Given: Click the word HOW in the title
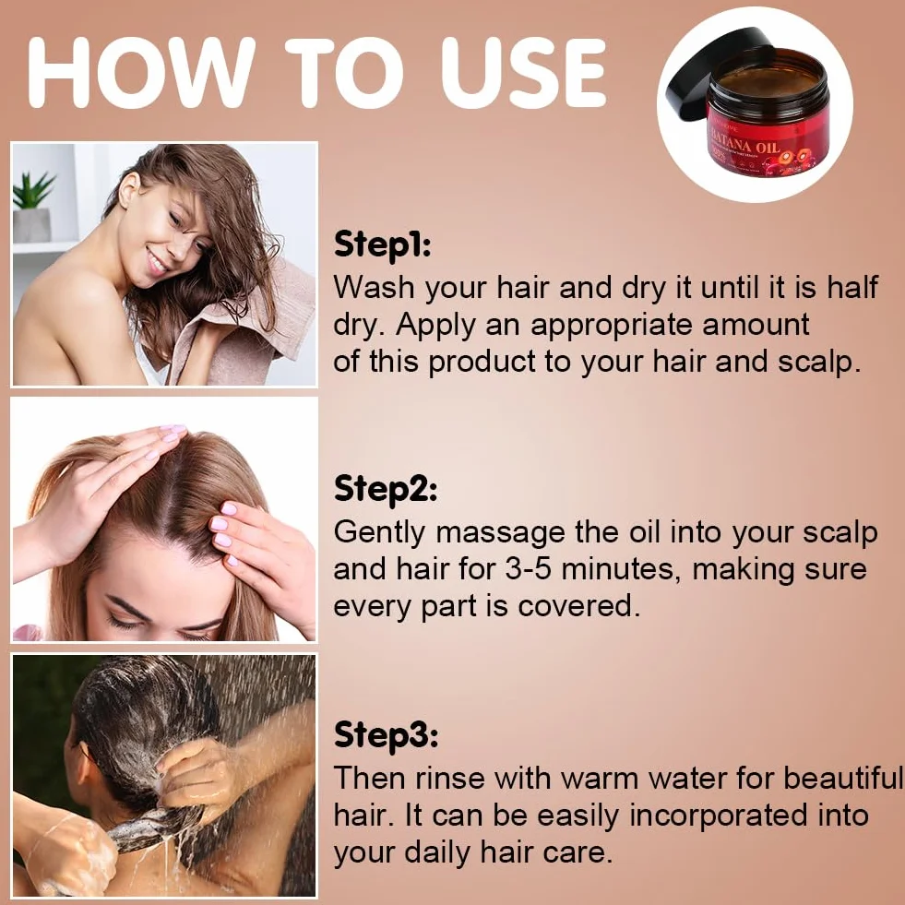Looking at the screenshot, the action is [x=141, y=73].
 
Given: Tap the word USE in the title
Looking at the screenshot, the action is [x=522, y=73].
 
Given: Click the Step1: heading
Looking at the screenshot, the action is [x=382, y=244].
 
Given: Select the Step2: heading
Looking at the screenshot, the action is [x=385, y=490].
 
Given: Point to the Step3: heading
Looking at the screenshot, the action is [x=386, y=734].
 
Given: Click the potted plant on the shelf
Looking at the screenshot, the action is [x=32, y=207].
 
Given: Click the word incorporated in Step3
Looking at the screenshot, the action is [x=718, y=816].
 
